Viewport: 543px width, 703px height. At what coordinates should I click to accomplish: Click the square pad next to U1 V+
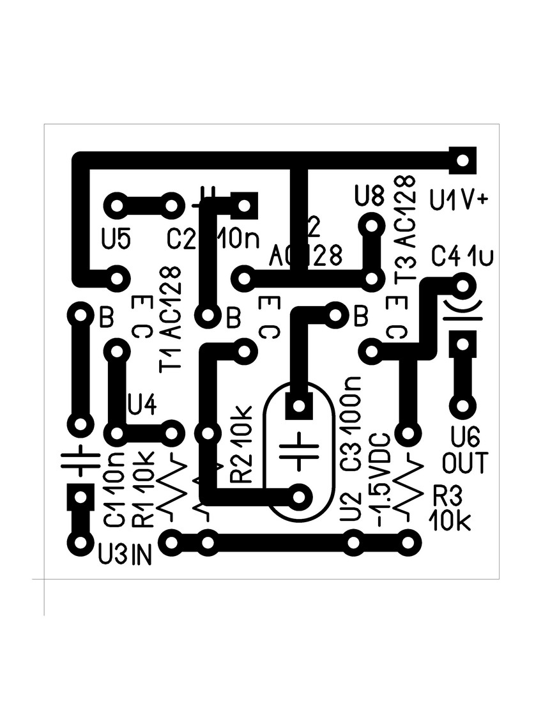pyautogui.click(x=463, y=159)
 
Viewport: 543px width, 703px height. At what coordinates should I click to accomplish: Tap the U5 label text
pyautogui.click(x=116, y=238)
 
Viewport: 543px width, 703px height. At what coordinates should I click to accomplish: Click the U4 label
pyautogui.click(x=141, y=403)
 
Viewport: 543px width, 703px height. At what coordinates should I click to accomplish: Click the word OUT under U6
pyautogui.click(x=466, y=463)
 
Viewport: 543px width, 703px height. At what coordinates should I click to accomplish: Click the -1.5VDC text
pyautogui.click(x=381, y=479)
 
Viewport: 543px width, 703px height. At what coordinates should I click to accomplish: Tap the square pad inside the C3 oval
pyautogui.click(x=298, y=405)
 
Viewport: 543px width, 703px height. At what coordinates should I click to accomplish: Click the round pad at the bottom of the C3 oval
pyautogui.click(x=298, y=496)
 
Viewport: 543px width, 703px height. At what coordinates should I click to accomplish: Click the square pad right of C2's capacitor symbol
pyautogui.click(x=243, y=205)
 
